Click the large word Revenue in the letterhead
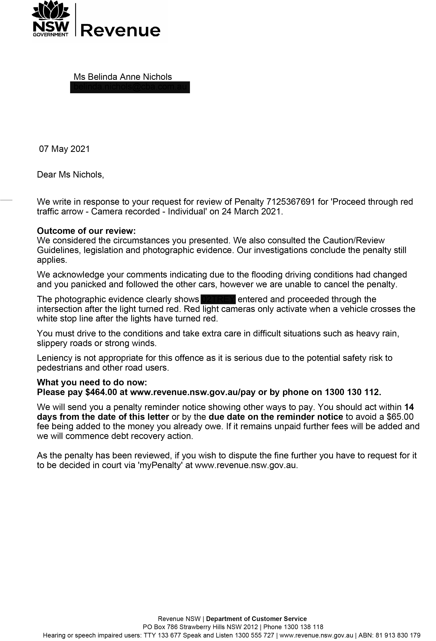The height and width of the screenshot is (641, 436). (120, 30)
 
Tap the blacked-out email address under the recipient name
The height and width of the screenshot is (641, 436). (130, 87)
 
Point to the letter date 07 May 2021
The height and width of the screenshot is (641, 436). (64, 149)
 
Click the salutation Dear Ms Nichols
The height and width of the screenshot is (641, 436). (70, 175)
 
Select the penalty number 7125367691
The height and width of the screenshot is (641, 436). (291, 202)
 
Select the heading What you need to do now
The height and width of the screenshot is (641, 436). (92, 382)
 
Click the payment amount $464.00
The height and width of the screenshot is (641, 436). (101, 392)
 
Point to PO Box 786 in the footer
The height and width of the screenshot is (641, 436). (160, 627)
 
